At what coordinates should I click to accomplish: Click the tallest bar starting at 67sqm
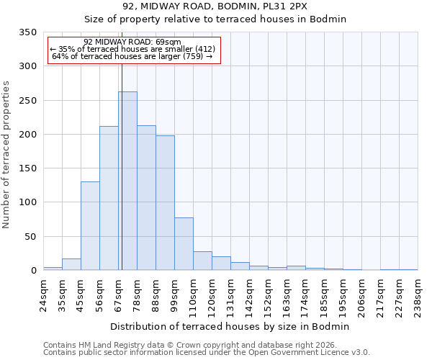(x=127, y=181)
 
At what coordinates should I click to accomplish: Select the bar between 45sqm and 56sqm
(x=90, y=226)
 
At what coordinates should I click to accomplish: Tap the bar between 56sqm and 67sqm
(x=109, y=198)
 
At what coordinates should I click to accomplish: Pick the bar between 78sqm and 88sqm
(x=146, y=198)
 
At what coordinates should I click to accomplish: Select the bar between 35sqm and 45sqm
(x=71, y=264)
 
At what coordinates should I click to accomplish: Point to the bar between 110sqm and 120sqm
(x=202, y=261)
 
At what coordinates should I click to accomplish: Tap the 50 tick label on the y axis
(x=30, y=236)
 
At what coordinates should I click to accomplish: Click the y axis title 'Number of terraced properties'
(x=7, y=154)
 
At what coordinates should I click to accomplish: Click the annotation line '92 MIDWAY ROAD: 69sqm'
(x=132, y=42)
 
